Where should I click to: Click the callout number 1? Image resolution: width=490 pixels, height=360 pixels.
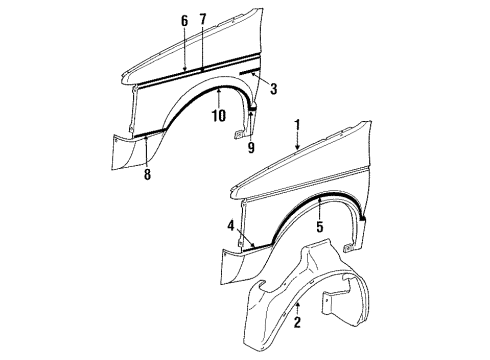pyautogui.click(x=297, y=126)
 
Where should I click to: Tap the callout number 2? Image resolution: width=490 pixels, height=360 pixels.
pyautogui.click(x=298, y=323)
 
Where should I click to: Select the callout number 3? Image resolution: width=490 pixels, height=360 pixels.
pyautogui.click(x=273, y=89)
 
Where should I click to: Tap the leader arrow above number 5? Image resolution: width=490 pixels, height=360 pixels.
pyautogui.click(x=320, y=198)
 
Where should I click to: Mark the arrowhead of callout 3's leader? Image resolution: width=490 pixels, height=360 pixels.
pyautogui.click(x=255, y=76)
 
